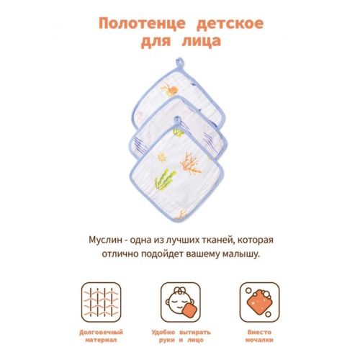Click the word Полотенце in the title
tap(142, 24)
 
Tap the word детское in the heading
tap(230, 23)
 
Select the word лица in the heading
tap(201, 41)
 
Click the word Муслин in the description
tap(105, 240)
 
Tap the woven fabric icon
tap(101, 302)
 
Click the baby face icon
tap(180, 302)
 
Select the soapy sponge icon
tap(259, 302)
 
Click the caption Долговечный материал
tap(101, 336)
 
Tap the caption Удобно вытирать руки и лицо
tap(181, 336)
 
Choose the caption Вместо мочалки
tap(259, 336)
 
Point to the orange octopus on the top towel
tap(170, 90)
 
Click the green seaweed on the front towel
tap(165, 180)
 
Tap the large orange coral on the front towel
tap(190, 163)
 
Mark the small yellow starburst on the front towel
tap(162, 157)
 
